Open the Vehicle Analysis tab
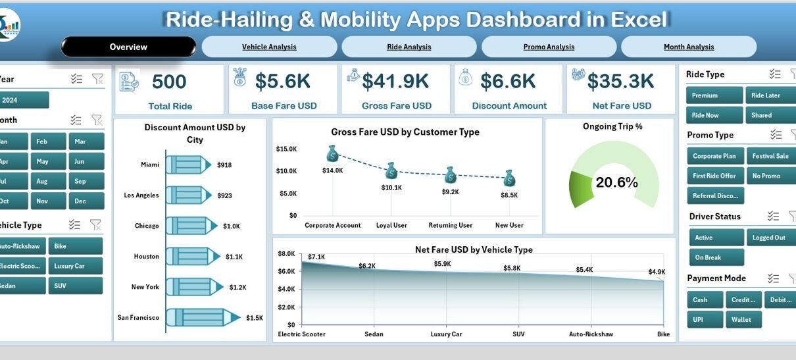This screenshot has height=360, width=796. tap(269, 47)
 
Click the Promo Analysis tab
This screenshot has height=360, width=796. tap(549, 47)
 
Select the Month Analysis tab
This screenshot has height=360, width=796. tap(689, 47)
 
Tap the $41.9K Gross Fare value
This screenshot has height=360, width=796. tap(395, 81)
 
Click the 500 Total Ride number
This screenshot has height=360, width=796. tap(169, 82)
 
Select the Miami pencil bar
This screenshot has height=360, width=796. tap(188, 165)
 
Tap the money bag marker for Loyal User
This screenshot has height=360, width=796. tap(391, 170)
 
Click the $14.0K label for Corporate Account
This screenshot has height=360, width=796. tap(332, 170)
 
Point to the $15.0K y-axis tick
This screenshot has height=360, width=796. tap(286, 149)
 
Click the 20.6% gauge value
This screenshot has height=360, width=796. tap(616, 183)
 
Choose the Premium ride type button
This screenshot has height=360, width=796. tap(714, 95)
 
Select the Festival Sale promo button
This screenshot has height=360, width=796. tap(770, 156)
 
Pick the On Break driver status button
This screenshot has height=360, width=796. tap(716, 257)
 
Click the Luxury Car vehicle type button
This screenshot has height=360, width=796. tap(78, 266)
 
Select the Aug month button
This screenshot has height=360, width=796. tap(42, 180)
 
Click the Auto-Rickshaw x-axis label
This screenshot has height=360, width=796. tap(590, 334)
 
